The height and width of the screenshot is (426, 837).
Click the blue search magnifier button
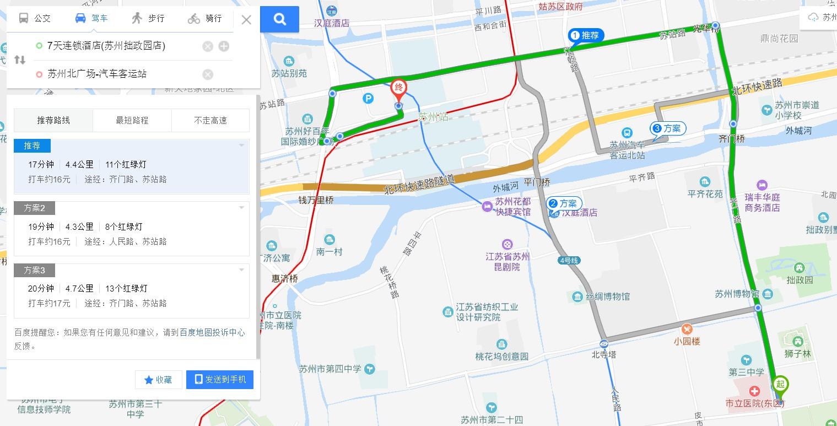coord(280,19)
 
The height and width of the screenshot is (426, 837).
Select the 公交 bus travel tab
coord(35,18)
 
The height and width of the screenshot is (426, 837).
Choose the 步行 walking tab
coord(148,18)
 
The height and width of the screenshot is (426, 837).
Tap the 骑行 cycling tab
coord(204,18)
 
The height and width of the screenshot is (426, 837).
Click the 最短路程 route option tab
coord(132,121)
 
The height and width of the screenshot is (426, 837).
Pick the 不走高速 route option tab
coord(210,121)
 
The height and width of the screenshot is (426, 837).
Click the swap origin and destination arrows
coord(20,60)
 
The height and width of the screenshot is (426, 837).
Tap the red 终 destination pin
coord(398,88)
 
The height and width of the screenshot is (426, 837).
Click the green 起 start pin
coord(780,384)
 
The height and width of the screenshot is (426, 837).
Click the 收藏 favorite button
coord(158,380)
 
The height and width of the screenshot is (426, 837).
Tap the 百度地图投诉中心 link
coord(212,333)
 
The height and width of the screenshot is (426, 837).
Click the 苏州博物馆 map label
coord(737,294)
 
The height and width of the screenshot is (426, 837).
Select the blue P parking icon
coord(368,98)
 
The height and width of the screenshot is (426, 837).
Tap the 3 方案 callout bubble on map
coord(668,129)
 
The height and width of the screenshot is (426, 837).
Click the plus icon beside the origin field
coord(224,46)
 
